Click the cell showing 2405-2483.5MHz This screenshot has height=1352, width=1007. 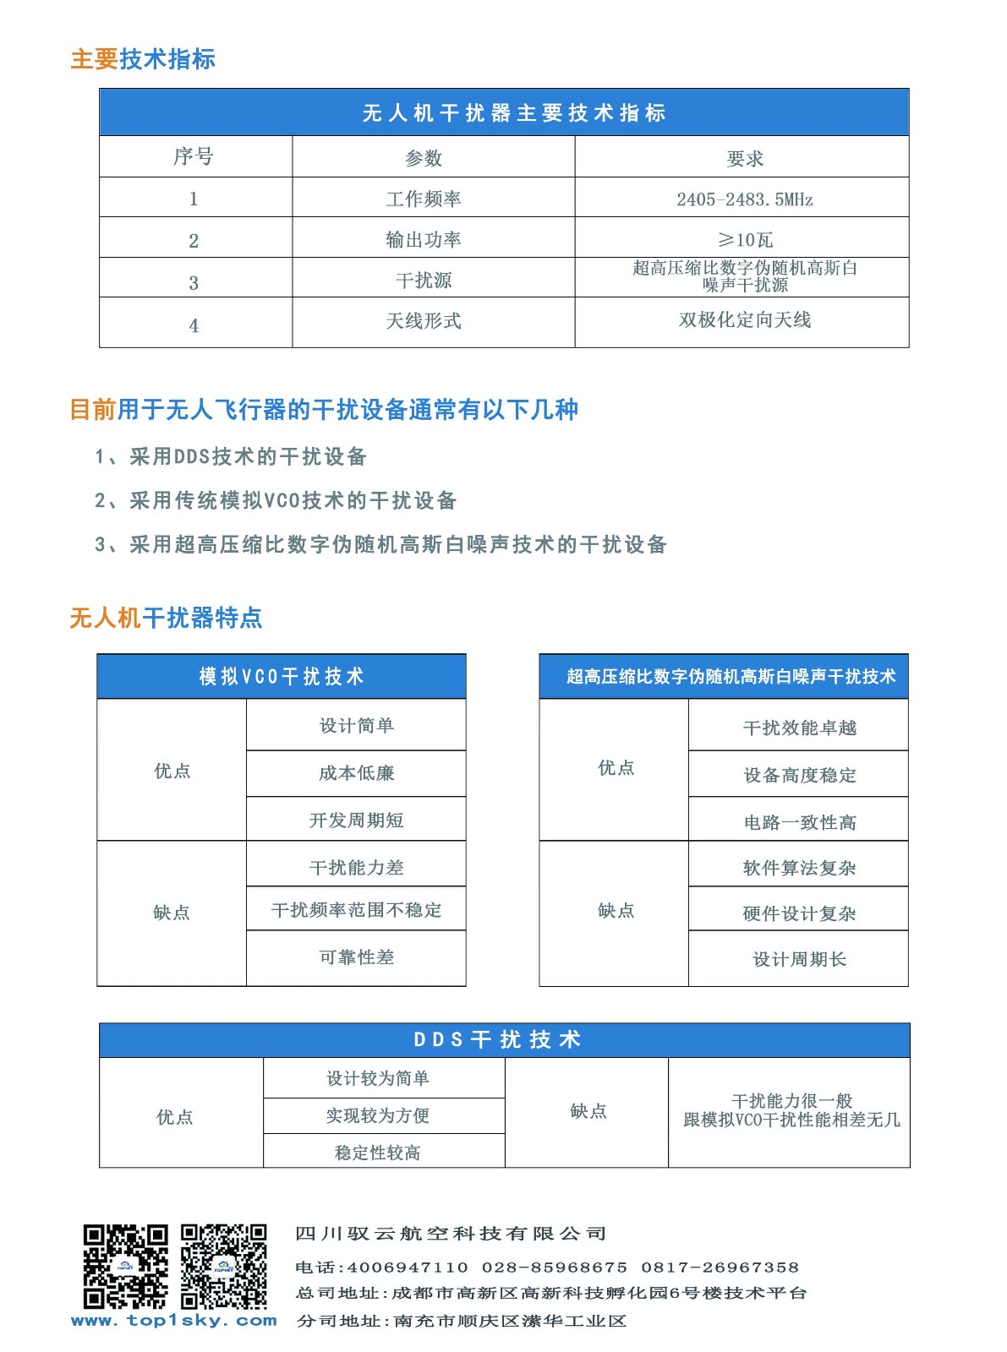(744, 199)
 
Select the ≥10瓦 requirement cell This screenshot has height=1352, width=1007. (744, 240)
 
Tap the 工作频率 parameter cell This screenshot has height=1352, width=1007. (424, 199)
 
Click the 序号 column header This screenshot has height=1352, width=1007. (194, 157)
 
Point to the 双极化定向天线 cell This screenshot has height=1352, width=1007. (744, 320)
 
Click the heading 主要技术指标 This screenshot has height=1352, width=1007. (143, 59)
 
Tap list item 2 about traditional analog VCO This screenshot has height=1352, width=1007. (276, 500)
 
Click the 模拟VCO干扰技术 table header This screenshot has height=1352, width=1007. (282, 676)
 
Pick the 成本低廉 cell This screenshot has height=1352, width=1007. (356, 773)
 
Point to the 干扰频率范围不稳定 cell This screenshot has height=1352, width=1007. (356, 910)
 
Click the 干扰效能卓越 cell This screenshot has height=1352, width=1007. (799, 728)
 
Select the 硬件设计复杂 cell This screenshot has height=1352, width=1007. (799, 913)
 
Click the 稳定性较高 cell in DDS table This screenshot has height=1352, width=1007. (377, 1153)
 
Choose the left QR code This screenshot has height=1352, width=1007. (125, 1266)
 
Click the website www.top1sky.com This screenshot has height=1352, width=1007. (174, 1321)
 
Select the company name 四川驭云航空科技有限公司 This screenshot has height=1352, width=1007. (451, 1234)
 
